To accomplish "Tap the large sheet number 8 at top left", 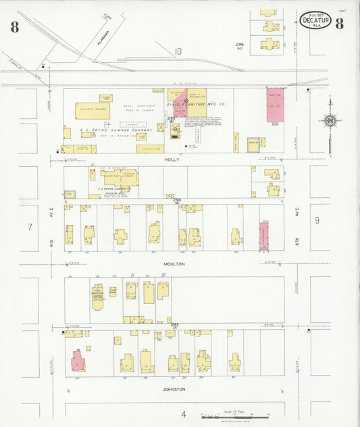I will point(14,27).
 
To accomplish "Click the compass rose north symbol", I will point(330,122).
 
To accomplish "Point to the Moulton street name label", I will point(174,264).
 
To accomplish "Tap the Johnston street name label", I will point(174,388).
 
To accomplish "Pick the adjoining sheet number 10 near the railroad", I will point(178,51).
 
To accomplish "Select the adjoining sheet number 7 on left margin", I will point(30,227).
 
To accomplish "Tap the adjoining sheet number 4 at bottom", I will point(183,413).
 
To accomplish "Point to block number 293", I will point(175,326).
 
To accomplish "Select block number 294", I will point(177,200).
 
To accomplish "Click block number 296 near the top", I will point(239,44).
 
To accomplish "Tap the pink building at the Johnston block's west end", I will point(78,360).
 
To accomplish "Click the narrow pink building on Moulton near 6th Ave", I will point(264,236).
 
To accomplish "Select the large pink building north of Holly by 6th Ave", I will point(275,105).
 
